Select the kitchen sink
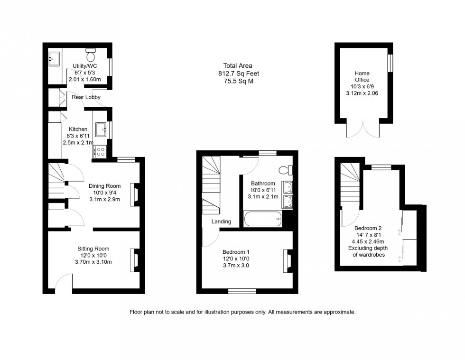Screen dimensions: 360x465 click(x=101, y=129)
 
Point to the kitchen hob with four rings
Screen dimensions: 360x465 click(x=100, y=151)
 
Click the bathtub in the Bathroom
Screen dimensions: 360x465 click(x=262, y=219)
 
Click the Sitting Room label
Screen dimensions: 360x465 click(x=93, y=249)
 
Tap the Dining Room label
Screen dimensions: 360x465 click(x=105, y=186)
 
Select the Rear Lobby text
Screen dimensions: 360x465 click(x=86, y=97)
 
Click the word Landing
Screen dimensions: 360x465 click(x=222, y=222)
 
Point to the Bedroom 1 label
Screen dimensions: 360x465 click(x=236, y=251)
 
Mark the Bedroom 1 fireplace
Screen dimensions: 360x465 click(x=287, y=261)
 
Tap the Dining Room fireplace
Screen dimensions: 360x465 click(x=134, y=195)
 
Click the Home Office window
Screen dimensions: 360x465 click(x=391, y=64)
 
